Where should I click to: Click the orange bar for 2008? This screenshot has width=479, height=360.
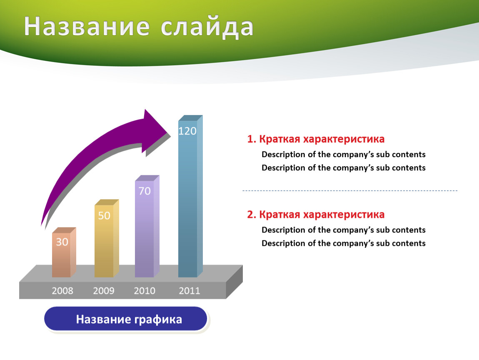coord(64,252)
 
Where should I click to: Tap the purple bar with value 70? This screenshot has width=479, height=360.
coord(147,226)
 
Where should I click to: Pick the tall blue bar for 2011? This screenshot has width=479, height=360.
coord(190,196)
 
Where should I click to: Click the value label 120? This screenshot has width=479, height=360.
coord(187,131)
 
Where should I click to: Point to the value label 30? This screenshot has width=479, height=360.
coord(62,242)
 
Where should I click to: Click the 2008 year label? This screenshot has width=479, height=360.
coord(62,291)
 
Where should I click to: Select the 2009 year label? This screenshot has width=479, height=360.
coord(104,291)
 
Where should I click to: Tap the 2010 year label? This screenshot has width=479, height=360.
coord(145,291)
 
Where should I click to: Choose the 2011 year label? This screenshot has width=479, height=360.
coord(190,291)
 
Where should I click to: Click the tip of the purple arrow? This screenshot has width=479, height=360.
coord(170,134)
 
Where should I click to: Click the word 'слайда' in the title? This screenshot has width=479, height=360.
coord(207,27)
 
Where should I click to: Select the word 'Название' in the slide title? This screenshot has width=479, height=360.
coord(87,26)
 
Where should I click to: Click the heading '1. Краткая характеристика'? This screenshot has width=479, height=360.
coord(316,139)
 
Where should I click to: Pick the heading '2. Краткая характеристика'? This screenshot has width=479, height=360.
coord(316,215)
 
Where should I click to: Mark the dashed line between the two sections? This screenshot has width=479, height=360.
coord(350,191)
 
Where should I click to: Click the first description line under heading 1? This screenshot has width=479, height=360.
coord(343,154)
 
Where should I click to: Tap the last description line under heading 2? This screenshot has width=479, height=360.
coord(343,243)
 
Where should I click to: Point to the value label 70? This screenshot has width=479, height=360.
coord(145,191)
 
